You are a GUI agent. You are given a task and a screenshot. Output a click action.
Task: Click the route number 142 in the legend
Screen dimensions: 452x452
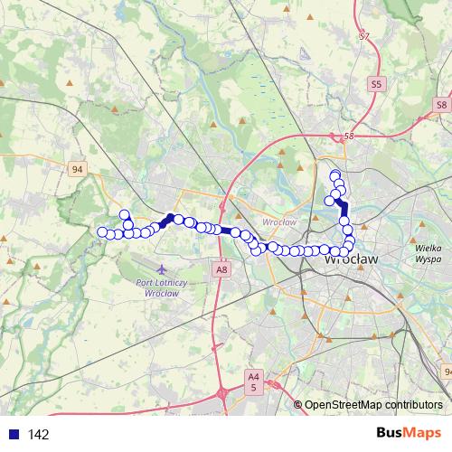(39, 435)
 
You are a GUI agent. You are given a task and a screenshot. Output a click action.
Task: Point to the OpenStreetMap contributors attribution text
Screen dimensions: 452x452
(373, 405)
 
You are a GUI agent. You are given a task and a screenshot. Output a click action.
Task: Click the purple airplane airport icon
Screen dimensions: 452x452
(161, 269)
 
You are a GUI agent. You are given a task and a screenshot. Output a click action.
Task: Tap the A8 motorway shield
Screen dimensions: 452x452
(221, 268)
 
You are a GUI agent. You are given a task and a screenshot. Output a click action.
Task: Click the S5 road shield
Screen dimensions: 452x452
(377, 83)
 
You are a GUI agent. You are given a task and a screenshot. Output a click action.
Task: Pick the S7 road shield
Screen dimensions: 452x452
(364, 37)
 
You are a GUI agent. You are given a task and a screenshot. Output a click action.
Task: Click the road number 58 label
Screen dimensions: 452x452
(350, 136)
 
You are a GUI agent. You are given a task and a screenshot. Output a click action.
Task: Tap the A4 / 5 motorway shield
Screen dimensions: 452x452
(253, 381)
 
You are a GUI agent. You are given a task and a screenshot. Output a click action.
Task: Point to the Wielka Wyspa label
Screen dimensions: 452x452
(427, 251)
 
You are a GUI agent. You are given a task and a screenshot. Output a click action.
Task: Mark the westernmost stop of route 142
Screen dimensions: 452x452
(102, 232)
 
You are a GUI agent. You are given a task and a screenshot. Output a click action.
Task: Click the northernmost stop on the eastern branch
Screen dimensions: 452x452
(334, 174)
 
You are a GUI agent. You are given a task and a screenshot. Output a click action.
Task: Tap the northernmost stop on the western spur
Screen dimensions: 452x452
(125, 214)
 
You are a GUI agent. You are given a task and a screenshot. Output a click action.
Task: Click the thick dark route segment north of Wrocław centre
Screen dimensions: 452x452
(343, 208)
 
